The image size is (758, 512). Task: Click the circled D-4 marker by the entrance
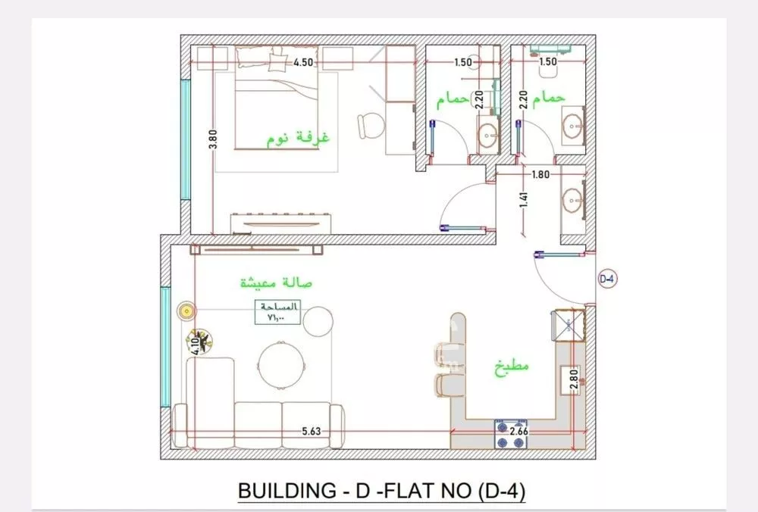(607, 279)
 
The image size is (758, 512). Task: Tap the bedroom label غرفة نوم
(301, 139)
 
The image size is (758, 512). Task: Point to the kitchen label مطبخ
(511, 366)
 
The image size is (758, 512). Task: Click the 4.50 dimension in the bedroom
(305, 62)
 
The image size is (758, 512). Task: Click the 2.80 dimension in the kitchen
(574, 379)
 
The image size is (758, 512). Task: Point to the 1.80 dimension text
(541, 175)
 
